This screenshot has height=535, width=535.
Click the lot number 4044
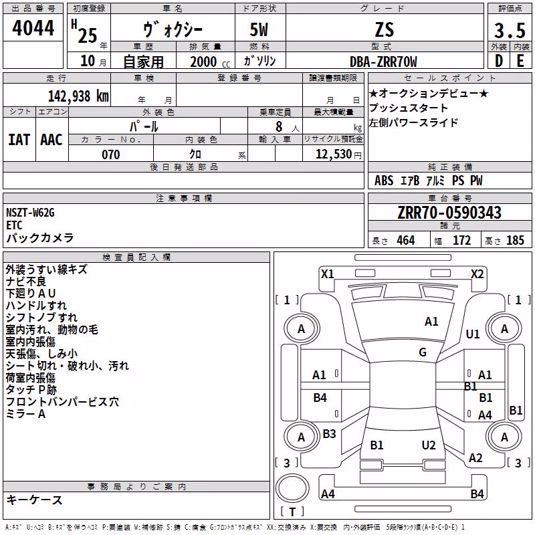(33, 28)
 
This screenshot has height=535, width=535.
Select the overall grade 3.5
(510, 30)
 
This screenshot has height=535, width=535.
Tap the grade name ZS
(385, 29)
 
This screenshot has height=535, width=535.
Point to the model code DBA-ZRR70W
(383, 62)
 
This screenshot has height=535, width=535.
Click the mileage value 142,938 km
(78, 96)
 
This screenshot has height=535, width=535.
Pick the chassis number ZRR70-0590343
(449, 213)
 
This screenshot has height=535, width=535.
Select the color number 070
(111, 154)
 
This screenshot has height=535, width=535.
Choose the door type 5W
(259, 29)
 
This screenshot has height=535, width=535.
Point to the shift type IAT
(19, 140)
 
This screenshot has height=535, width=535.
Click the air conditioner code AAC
(51, 140)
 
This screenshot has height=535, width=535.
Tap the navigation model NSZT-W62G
(30, 213)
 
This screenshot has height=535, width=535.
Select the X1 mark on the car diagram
(327, 274)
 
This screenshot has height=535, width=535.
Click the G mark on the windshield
(423, 352)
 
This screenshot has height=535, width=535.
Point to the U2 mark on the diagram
(429, 445)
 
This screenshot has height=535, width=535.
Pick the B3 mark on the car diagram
(329, 433)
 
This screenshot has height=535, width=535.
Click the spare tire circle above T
(292, 488)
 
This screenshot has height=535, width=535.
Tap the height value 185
(515, 240)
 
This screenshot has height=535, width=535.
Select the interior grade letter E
(520, 61)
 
